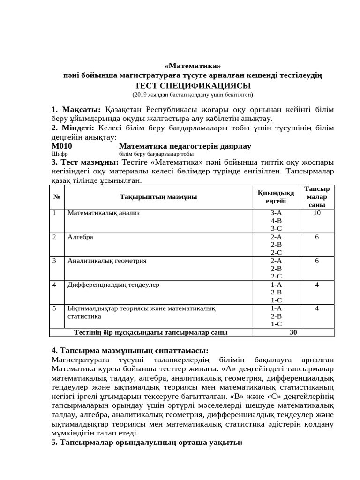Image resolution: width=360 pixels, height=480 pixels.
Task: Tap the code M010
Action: pos(62,146)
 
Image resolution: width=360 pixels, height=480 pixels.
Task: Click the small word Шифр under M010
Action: pos(57,154)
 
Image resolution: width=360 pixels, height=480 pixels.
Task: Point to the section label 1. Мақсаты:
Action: pos(76,110)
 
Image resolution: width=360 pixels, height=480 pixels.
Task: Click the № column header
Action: pos(57,197)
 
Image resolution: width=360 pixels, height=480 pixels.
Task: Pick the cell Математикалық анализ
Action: pos(104,213)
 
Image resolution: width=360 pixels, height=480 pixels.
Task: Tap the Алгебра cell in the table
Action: pos(80,237)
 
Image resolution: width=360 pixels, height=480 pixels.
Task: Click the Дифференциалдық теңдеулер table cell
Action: pos(113,285)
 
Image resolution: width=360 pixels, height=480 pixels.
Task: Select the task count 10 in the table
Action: pos(317,213)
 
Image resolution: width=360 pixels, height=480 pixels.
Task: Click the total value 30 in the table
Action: pos(293,332)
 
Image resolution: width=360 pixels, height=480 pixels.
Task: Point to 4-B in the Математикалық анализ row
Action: pos(276,221)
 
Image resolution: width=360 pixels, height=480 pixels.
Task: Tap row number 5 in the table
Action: pos(54,308)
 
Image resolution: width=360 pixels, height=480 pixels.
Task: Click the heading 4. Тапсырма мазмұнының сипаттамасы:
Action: pos(129,351)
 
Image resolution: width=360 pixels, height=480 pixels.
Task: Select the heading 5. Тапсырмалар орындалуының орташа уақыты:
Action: pos(146,442)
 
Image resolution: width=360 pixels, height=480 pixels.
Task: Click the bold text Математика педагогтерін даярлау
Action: pos(185,146)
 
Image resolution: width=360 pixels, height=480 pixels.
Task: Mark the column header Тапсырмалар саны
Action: pos(317,197)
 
